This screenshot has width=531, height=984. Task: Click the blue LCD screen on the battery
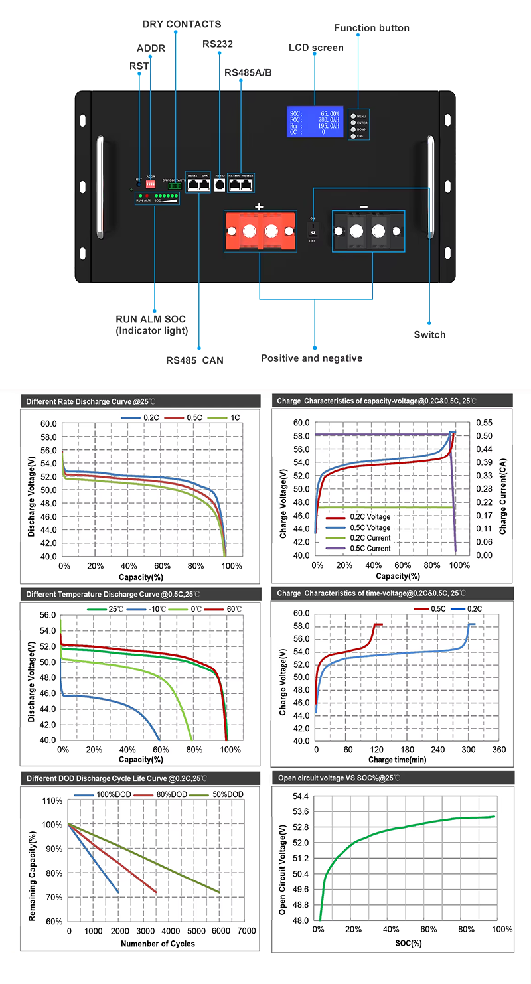coord(315,122)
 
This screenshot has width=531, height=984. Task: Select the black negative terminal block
coord(367,231)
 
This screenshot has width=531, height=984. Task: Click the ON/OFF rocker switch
coord(312,230)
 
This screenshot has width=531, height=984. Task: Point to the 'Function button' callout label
coord(372,28)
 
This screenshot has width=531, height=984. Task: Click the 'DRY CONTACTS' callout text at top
coord(182,24)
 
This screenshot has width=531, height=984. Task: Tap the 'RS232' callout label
coord(218,44)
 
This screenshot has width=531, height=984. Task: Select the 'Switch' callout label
coord(429,334)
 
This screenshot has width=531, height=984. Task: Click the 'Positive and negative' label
coord(311,358)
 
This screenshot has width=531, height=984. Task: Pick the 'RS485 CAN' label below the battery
coord(194,360)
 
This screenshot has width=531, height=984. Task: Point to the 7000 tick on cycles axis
coord(246,931)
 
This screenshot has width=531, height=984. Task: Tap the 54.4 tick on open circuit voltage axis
coord(300,796)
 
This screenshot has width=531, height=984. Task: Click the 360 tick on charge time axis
coord(498,750)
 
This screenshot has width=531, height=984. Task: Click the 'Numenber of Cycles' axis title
coord(158,943)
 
